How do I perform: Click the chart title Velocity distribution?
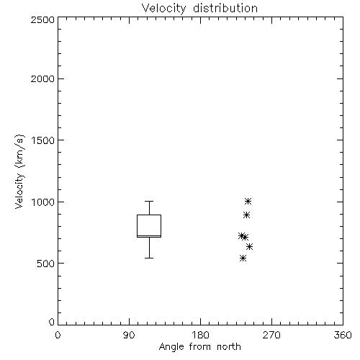(199, 9)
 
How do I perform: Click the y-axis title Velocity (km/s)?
(19, 171)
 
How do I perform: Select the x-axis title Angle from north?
(199, 347)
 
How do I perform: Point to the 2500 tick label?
(42, 19)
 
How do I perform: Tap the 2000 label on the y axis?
(42, 78)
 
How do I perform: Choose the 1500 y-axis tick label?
(43, 140)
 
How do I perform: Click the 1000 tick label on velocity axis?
(43, 202)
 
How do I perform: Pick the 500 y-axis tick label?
(46, 264)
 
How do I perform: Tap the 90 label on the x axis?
(129, 335)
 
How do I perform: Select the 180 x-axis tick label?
(200, 335)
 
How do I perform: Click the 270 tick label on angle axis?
(271, 335)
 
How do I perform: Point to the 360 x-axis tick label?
(343, 335)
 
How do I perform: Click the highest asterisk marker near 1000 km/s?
(248, 201)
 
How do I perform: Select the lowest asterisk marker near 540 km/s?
(243, 258)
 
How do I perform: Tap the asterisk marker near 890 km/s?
(246, 215)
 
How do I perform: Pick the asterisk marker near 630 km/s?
(249, 246)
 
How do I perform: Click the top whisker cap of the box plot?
(149, 201)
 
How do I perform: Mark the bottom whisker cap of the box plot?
(149, 258)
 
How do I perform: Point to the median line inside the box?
(149, 235)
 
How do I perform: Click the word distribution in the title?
(225, 9)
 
